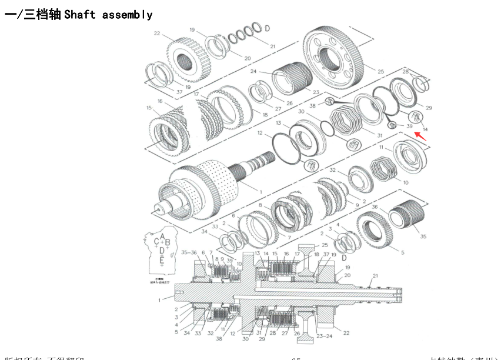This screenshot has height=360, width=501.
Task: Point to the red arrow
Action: point(422,137)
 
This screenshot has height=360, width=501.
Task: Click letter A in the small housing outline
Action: point(162,236)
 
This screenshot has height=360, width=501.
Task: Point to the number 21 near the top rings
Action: point(272,46)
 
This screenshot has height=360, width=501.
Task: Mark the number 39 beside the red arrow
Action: point(410,125)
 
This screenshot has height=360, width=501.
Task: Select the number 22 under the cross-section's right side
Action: point(346,333)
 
